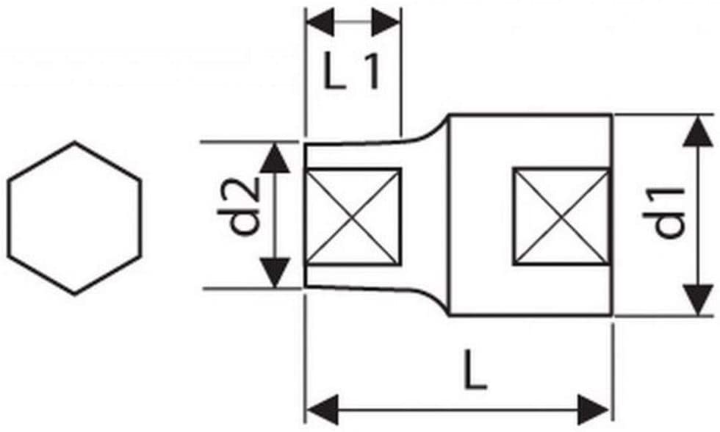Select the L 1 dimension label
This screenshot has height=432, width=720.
click(352, 71)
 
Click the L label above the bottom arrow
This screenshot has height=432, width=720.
click(475, 370)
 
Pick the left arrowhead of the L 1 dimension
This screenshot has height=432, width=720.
click(320, 21)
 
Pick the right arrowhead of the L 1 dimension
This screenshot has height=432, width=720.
click(386, 21)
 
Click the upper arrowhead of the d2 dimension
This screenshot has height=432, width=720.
click(275, 157)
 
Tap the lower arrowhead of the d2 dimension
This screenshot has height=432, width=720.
click(275, 273)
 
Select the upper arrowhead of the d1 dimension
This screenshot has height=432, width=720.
click(698, 132)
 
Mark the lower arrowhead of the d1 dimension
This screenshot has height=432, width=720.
click(698, 300)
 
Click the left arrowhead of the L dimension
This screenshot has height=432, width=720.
click(323, 409)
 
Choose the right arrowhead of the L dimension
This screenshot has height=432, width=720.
click(594, 409)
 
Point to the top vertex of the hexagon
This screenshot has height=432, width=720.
click(74, 142)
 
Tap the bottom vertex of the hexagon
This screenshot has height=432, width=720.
click(74, 295)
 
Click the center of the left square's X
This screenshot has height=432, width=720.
click(353, 217)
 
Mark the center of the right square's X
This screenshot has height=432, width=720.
click(561, 217)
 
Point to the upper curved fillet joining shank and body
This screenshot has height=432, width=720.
click(432, 132)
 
